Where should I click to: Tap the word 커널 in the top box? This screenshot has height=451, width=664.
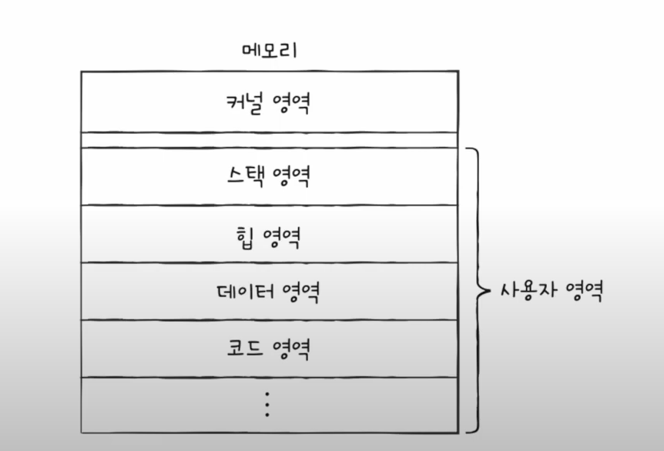pyautogui.click(x=240, y=102)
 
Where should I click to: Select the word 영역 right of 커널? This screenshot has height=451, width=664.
pyautogui.click(x=290, y=102)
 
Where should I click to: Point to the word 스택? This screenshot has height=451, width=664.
pyautogui.click(x=244, y=176)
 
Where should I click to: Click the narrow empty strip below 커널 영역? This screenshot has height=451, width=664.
pyautogui.click(x=270, y=140)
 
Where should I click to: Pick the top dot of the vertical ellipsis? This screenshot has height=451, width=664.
pyautogui.click(x=267, y=394)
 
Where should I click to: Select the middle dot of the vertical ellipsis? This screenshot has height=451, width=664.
pyautogui.click(x=267, y=404)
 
